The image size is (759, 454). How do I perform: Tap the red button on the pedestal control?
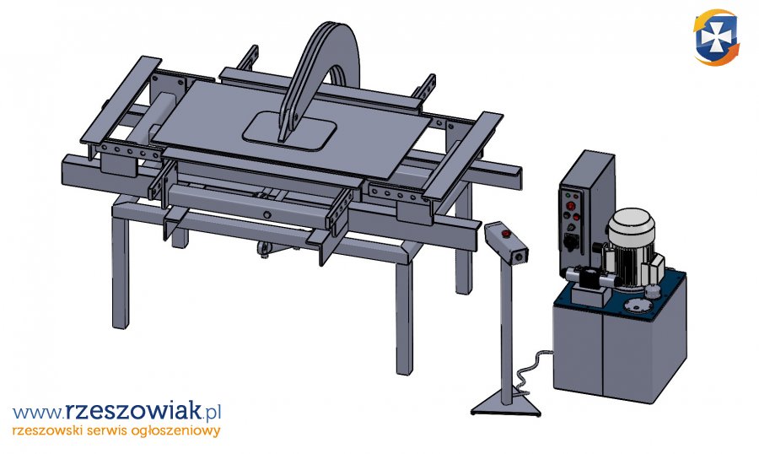pos(507,234)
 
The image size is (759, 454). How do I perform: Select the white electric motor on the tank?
pos(629,245)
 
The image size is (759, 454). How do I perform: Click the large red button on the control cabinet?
pos(571,206)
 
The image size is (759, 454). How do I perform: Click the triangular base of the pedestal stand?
pos(506,406)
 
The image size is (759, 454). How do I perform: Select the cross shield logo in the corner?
pos(716,37)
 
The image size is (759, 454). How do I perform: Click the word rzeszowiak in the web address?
pos(132,411)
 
